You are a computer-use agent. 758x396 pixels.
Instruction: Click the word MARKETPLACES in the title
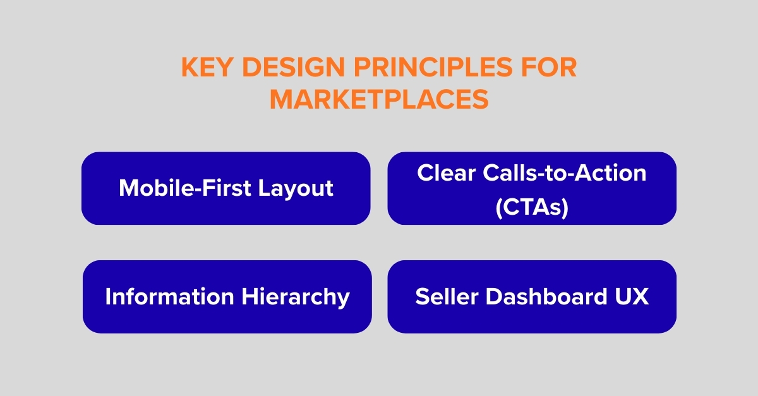379,99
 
